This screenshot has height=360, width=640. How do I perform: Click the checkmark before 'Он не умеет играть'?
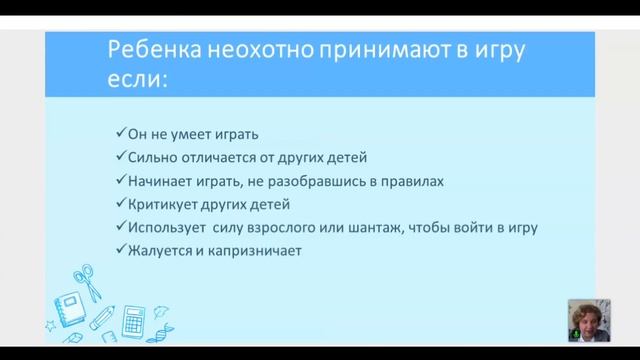point(120,133)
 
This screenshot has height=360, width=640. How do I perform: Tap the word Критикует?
point(162,205)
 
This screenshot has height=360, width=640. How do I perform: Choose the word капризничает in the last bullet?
point(255,252)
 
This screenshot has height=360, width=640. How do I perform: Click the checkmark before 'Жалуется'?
point(120,252)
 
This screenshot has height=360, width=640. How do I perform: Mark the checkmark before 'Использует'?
point(120,229)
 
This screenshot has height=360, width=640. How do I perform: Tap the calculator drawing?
point(133,322)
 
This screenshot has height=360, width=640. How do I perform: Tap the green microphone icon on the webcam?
point(575,336)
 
